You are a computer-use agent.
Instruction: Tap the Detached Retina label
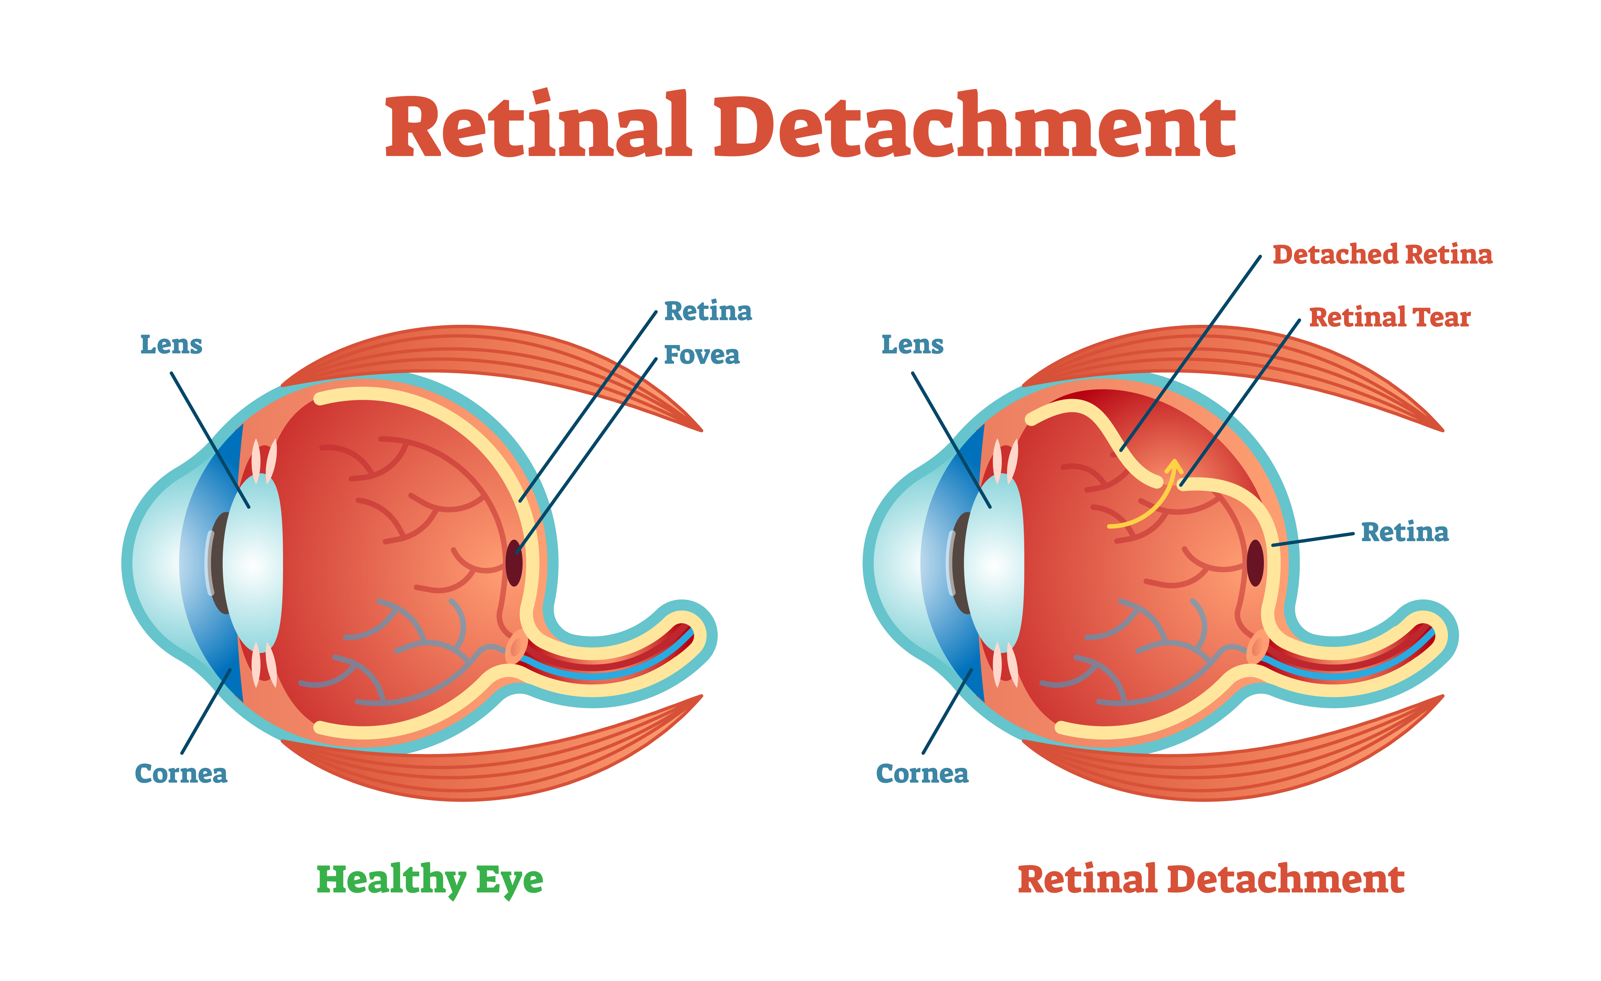click(1382, 254)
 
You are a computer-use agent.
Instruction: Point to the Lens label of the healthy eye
click(171, 344)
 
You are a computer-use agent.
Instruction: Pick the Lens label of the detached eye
click(912, 344)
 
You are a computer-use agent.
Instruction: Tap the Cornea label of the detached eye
click(922, 773)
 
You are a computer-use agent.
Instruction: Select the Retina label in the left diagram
click(708, 311)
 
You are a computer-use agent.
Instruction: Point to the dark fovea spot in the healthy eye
click(514, 563)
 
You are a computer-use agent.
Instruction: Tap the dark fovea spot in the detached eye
click(1255, 563)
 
